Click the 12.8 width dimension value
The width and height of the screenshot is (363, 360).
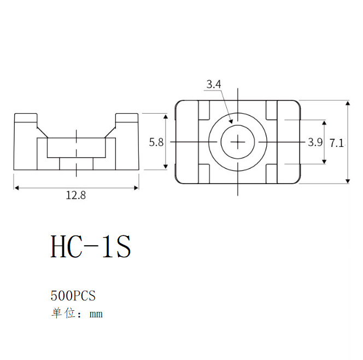point(76,196)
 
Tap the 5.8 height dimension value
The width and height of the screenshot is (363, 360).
point(156,142)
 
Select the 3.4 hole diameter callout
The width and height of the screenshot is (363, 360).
point(213,84)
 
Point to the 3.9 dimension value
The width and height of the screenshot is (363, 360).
point(315,142)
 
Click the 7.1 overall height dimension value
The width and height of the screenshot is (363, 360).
point(337,143)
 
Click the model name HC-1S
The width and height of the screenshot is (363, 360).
point(91,247)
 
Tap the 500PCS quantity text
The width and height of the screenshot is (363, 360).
point(73,296)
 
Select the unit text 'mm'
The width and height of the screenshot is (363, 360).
point(96,314)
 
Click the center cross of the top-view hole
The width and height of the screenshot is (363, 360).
point(238,142)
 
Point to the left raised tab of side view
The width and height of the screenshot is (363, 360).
point(26,119)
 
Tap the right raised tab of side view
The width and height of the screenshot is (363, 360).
point(127,119)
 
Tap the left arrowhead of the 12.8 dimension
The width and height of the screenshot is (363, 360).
point(16,187)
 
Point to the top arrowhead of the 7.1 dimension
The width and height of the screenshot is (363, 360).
point(348,103)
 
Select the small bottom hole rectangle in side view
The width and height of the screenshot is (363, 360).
point(76,163)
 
